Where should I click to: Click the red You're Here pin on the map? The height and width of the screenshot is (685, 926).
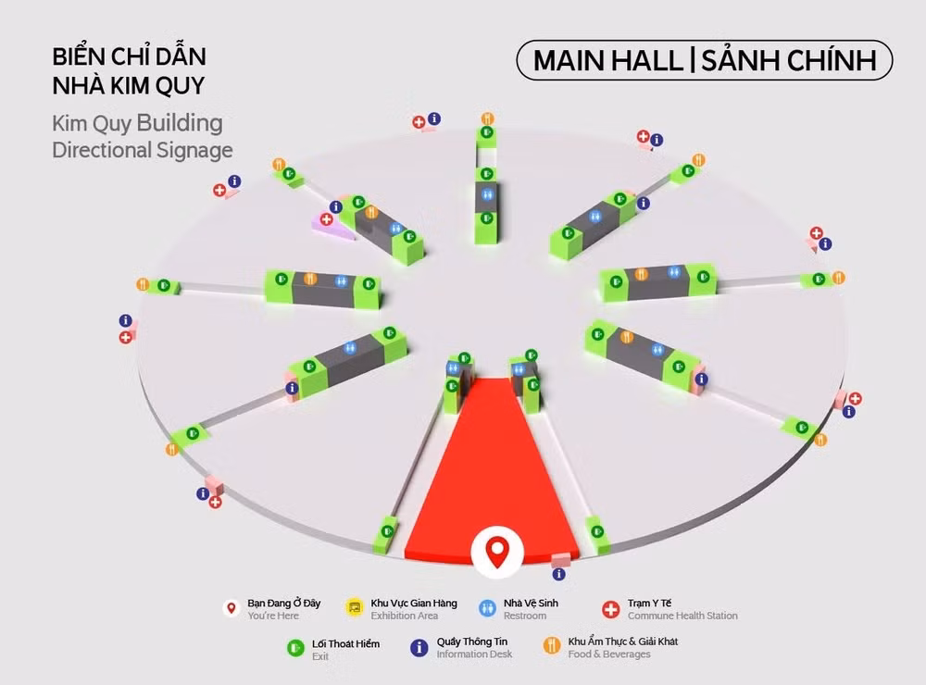click(497, 552)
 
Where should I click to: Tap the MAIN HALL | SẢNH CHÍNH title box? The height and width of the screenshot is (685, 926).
click(704, 60)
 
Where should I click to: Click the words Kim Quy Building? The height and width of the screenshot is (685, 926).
click(137, 124)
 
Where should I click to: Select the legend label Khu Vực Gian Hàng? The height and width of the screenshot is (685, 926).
click(413, 603)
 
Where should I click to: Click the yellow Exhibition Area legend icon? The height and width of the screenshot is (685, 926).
click(355, 607)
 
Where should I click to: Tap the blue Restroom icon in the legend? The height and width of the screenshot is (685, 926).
click(487, 608)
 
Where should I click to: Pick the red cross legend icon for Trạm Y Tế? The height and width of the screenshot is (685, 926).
click(610, 609)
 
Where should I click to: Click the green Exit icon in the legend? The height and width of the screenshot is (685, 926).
click(295, 648)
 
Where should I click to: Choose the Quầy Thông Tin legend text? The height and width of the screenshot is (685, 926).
click(472, 641)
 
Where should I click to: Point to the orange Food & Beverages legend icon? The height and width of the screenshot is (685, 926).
click(552, 646)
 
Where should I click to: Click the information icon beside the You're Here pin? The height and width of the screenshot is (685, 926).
click(558, 574)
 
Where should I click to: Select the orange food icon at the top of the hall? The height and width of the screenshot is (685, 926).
click(487, 118)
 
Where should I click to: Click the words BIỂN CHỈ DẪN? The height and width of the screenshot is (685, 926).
click(130, 56)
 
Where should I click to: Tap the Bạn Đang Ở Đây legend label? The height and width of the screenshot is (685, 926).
click(283, 603)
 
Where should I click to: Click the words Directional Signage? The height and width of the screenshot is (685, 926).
click(143, 150)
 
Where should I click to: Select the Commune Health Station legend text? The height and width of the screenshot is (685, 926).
click(682, 616)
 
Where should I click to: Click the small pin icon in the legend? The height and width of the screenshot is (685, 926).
click(231, 607)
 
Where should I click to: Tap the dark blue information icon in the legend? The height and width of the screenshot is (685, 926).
click(419, 648)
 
